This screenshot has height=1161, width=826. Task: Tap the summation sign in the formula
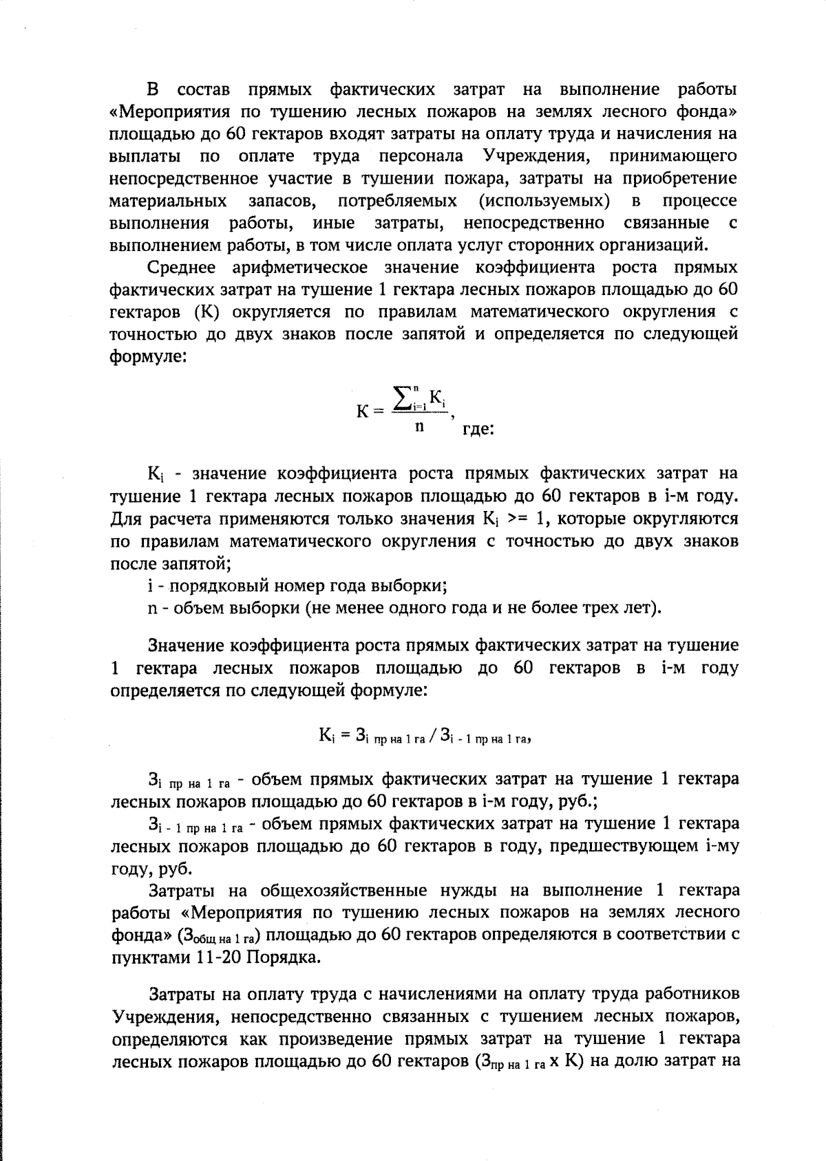[402, 399]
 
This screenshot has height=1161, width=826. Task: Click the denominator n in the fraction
[419, 426]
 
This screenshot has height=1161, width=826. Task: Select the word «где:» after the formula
[478, 429]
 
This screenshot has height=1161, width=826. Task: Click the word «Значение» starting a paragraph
[186, 646]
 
